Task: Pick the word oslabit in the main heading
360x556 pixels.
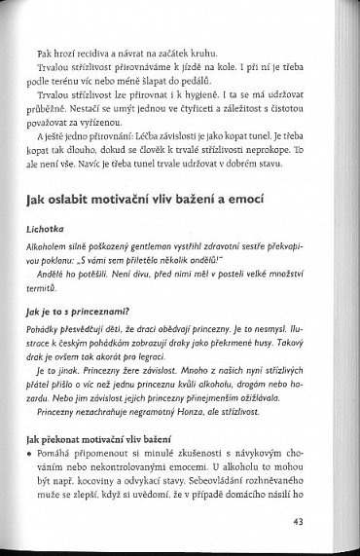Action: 94,202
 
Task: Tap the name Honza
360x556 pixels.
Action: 189,448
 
